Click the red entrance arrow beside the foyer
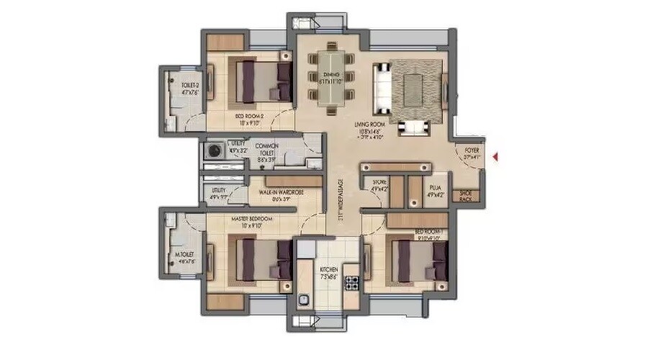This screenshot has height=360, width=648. [x=495, y=155]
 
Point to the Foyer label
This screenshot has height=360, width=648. [x=472, y=149]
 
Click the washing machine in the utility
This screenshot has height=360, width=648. [x=214, y=151]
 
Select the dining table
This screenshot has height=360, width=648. [x=331, y=75]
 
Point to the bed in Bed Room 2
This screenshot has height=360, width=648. [x=260, y=81]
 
